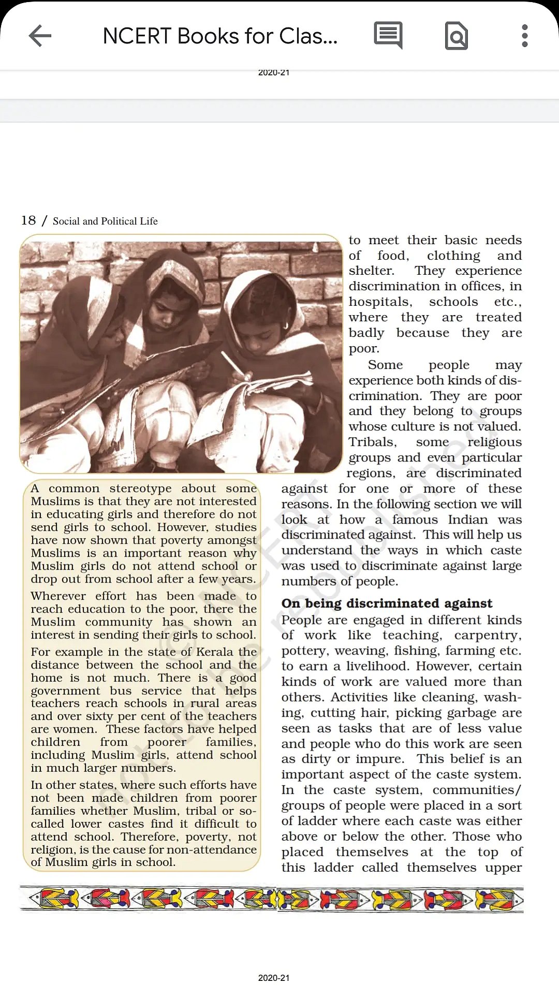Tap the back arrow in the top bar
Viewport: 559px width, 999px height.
40,36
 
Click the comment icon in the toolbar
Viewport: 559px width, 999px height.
388,36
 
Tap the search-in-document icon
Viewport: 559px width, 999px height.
456,36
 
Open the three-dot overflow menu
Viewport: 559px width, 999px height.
525,36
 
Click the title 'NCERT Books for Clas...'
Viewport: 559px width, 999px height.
220,36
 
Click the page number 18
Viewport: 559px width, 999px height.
28,220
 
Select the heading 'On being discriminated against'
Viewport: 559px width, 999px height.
387,603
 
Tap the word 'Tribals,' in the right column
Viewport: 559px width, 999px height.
373,442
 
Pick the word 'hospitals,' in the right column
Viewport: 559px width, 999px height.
380,302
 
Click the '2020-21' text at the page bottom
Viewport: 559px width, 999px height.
274,978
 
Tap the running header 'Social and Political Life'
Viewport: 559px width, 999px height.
105,221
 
